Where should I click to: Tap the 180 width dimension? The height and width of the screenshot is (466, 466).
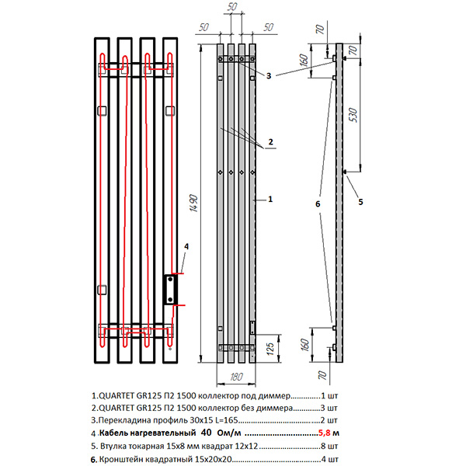(237, 378)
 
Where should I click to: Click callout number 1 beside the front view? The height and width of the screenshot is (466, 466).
(269, 200)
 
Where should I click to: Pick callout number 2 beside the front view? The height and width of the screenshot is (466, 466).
(270, 141)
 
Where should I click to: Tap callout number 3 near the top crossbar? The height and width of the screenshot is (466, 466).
(268, 76)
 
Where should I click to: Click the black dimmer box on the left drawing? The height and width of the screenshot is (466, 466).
(170, 289)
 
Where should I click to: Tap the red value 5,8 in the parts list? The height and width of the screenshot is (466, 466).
(324, 433)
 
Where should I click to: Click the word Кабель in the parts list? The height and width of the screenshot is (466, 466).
(115, 433)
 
